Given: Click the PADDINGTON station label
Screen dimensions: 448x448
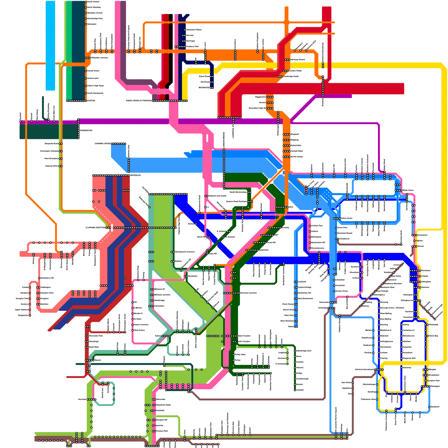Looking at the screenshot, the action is (x=86, y=130).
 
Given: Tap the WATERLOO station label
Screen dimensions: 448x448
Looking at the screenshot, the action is (x=136, y=175).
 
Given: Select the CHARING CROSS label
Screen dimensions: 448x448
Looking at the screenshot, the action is (x=102, y=144).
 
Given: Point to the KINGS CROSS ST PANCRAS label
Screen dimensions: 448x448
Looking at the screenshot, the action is (x=139, y=101).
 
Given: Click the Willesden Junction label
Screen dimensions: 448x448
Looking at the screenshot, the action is (x=99, y=58).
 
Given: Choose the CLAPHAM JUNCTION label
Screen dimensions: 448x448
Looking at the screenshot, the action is (x=95, y=228).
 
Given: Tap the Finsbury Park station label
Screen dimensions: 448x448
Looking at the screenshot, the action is (x=192, y=46).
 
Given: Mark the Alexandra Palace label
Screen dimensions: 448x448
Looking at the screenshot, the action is (x=194, y=30).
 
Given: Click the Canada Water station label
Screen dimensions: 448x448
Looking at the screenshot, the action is (x=297, y=151).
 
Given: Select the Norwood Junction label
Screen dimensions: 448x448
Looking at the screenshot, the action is (x=248, y=293).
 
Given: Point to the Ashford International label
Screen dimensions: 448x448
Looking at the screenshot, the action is (x=364, y=369).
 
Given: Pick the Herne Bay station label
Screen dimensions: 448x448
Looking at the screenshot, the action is (x=433, y=336).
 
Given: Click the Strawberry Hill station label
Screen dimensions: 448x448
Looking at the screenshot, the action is (x=47, y=278).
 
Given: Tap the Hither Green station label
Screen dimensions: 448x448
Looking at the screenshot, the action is (x=347, y=218).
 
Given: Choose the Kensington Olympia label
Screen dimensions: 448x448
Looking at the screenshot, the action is (x=49, y=151).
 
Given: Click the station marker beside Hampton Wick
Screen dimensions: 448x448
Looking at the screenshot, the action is (x=38, y=293).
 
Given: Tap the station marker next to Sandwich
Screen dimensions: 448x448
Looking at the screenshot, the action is (x=429, y=407).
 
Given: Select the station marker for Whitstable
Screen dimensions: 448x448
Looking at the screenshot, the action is (x=426, y=325).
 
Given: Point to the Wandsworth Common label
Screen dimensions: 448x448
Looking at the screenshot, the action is (x=185, y=252).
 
